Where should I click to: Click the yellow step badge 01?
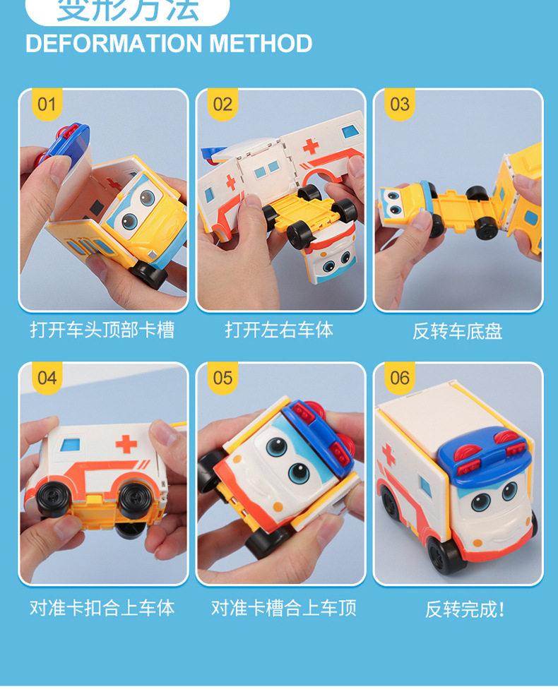coord(46,105)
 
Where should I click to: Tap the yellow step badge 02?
coord(222,105)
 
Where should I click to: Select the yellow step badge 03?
coord(400,105)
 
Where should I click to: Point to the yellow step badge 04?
coord(46,378)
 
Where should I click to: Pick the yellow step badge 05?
coord(222,378)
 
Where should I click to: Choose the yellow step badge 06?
coord(400,378)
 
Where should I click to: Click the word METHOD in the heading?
coord(261,44)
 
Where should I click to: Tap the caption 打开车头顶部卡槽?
coord(102,330)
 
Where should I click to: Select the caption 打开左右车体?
coord(279,330)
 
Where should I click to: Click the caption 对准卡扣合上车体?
coord(102,608)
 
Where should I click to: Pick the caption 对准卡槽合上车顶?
coord(283,608)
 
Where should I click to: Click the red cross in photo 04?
coord(126,443)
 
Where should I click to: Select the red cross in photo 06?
coord(388,454)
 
